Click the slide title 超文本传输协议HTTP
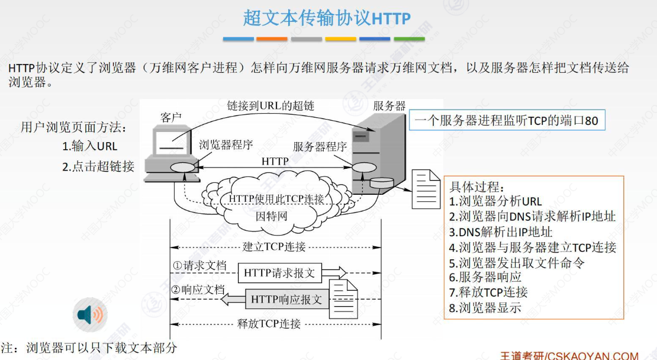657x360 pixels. [x=327, y=18]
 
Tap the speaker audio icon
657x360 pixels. [x=90, y=315]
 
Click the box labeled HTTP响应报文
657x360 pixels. [x=286, y=300]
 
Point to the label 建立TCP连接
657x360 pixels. [x=274, y=246]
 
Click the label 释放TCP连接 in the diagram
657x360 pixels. [x=269, y=324]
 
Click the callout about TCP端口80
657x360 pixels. [x=507, y=121]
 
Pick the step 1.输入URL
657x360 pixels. [x=90, y=146]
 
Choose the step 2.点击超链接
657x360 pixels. [x=98, y=166]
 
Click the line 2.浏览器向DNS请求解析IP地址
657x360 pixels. [x=532, y=217]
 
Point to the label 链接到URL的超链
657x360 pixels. [x=270, y=106]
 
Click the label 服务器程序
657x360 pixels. [x=320, y=147]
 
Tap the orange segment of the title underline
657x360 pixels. [x=272, y=39]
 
